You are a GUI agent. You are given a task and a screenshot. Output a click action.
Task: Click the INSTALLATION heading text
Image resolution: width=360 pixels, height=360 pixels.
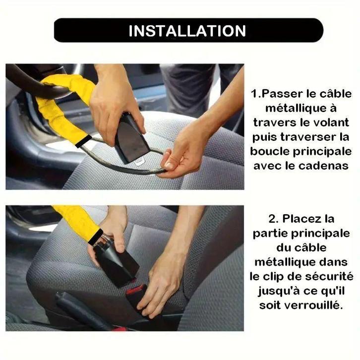click(x=187, y=31)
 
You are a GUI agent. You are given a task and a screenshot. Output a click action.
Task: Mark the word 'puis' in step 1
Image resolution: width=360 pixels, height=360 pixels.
click(x=264, y=136)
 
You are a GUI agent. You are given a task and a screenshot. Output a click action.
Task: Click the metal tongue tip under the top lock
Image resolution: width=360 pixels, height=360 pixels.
click(x=141, y=162)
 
